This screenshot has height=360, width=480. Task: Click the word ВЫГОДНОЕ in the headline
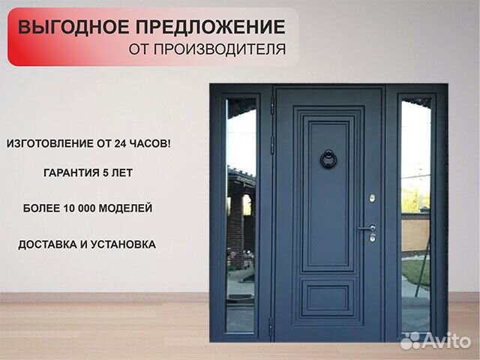pyautogui.click(x=73, y=27)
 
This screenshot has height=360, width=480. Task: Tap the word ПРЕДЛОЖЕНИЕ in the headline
pyautogui.click(x=211, y=27)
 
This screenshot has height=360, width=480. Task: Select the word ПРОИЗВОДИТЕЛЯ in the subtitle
pyautogui.click(x=220, y=49)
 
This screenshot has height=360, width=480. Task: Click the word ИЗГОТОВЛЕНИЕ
pyautogui.click(x=50, y=143)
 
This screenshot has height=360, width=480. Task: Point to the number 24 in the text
pyautogui.click(x=120, y=143)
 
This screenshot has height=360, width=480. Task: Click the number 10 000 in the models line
pyautogui.click(x=80, y=208)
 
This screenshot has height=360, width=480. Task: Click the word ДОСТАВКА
pyautogui.click(x=47, y=244)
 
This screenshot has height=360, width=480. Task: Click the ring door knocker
pyautogui.click(x=328, y=159)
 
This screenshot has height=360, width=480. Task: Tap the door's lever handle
pyautogui.click(x=367, y=228)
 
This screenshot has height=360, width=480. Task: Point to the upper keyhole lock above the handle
pyautogui.click(x=372, y=198)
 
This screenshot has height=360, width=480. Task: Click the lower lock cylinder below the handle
pyautogui.click(x=373, y=237)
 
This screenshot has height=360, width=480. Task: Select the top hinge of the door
pyautogui.click(x=272, y=106)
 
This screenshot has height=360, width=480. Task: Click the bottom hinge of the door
pyautogui.click(x=271, y=327)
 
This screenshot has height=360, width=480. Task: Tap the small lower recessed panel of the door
pyautogui.click(x=328, y=298)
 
